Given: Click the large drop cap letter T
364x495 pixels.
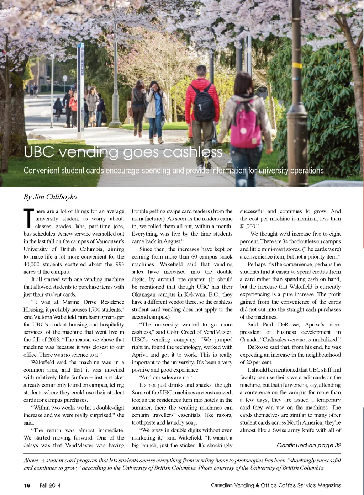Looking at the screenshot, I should [28, 218].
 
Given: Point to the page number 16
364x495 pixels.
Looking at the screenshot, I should [27, 485].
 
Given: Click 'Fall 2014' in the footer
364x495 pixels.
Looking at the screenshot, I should [50, 485].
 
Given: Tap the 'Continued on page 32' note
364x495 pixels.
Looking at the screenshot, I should [309, 445].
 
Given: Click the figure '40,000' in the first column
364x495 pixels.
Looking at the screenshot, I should [32, 264].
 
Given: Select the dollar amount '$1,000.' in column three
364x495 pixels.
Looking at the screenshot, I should [248, 226].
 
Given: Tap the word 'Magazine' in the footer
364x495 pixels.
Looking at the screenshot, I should [329, 485].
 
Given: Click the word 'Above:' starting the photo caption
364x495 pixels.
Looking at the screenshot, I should [32, 461].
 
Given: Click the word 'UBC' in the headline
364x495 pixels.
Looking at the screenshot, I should [38, 152].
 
